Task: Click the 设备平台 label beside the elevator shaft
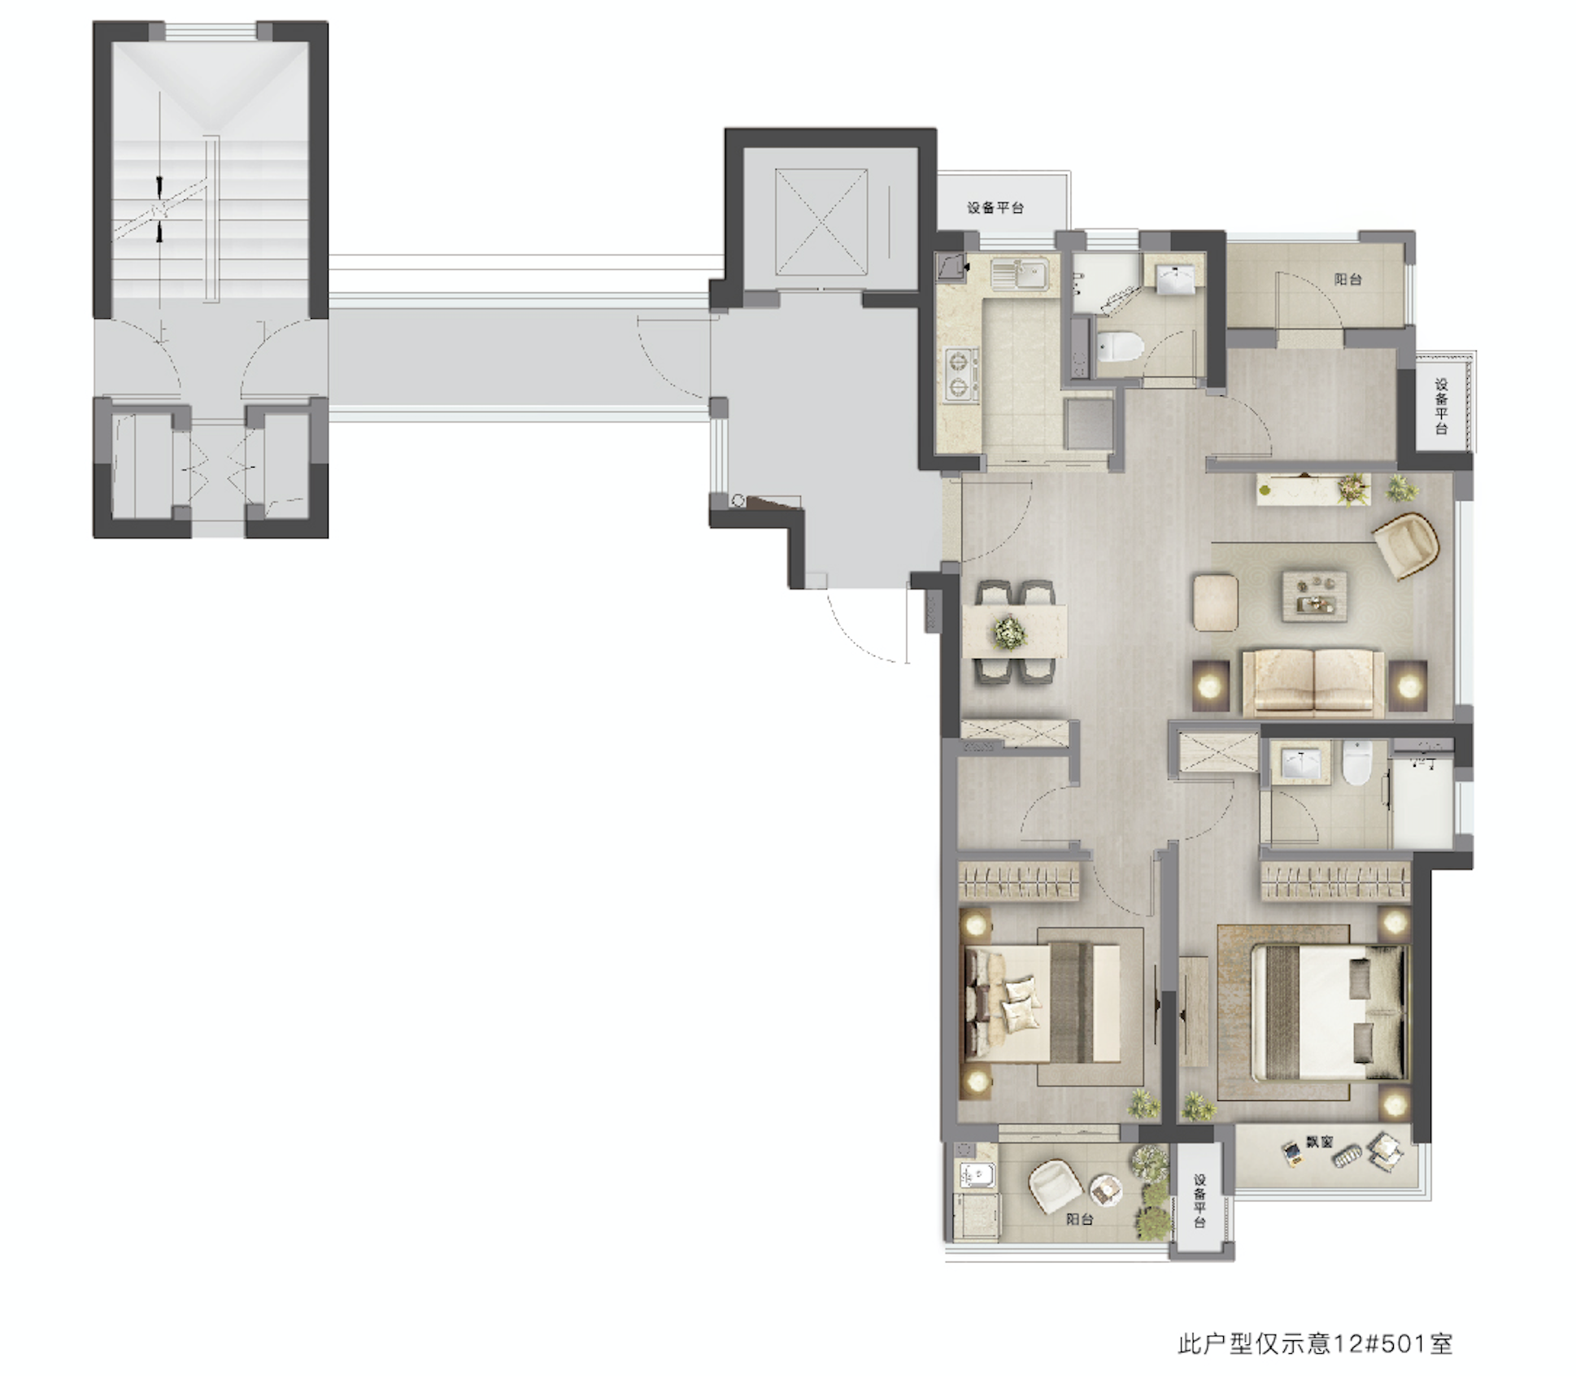click(x=995, y=208)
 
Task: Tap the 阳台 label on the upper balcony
click(x=1347, y=279)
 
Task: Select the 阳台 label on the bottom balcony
click(x=1079, y=1219)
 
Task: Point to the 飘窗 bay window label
click(x=1319, y=1143)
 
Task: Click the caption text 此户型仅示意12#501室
click(x=1315, y=1343)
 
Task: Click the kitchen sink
click(x=1020, y=272)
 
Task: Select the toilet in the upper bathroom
click(x=1119, y=348)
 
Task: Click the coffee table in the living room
click(x=1314, y=595)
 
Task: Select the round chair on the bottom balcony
click(x=1055, y=1187)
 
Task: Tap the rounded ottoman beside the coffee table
click(x=1216, y=603)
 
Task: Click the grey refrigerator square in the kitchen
click(x=1089, y=423)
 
